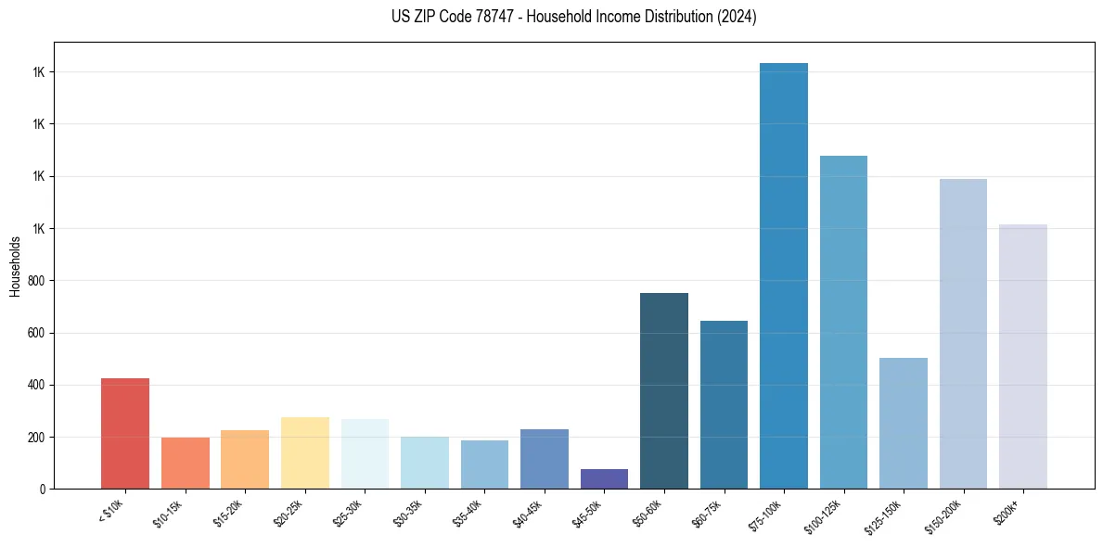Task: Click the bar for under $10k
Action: tap(125, 433)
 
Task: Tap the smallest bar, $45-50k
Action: tap(604, 478)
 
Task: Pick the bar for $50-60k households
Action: tap(664, 390)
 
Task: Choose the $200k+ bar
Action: tap(1023, 356)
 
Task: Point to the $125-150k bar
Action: tap(904, 423)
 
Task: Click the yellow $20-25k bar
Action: tap(305, 452)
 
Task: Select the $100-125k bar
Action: tap(843, 322)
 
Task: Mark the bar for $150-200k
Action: tap(963, 334)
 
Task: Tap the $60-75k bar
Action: tap(724, 404)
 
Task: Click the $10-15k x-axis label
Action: tap(170, 512)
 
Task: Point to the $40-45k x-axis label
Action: tap(529, 512)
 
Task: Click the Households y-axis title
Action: tap(15, 266)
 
